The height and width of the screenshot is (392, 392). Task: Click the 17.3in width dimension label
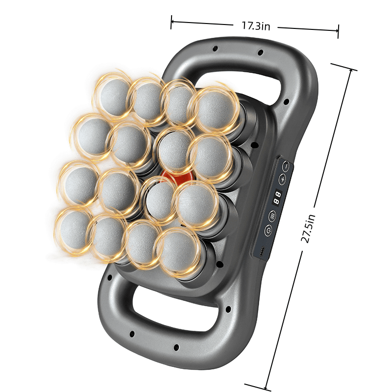click(x=256, y=26)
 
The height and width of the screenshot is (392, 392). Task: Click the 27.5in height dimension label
click(x=308, y=228)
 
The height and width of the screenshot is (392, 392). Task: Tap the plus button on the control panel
click(x=282, y=179)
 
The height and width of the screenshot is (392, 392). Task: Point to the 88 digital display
click(x=277, y=198)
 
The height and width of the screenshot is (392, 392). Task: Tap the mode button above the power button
click(x=272, y=216)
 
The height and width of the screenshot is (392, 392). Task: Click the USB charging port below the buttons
click(x=263, y=250)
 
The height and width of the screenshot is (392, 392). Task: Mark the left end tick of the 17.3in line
click(x=171, y=22)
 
